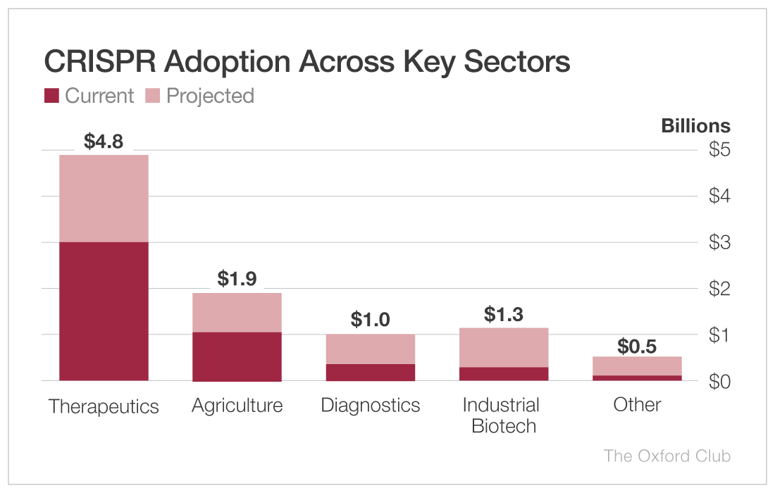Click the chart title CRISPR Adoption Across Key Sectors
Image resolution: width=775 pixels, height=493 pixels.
[x=306, y=62]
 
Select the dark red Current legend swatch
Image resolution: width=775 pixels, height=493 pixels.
[x=51, y=96]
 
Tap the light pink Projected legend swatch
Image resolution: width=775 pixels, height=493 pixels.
[x=153, y=96]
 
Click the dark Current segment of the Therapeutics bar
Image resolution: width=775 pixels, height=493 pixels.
[x=104, y=311]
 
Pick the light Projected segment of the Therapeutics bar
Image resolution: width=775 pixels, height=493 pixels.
[x=104, y=198]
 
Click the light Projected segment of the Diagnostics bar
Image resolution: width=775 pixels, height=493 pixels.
[x=370, y=349]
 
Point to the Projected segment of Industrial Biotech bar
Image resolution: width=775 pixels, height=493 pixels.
[x=504, y=347]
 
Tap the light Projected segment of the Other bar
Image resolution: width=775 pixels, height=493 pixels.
[x=637, y=366]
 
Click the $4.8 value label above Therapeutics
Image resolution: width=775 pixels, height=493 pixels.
[x=104, y=142]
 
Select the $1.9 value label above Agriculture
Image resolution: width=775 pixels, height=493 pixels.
[x=237, y=279]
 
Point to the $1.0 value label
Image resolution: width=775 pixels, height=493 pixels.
[x=370, y=320]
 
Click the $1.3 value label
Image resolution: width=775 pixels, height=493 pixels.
[x=504, y=314]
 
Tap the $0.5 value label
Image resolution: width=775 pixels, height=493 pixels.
[x=637, y=347]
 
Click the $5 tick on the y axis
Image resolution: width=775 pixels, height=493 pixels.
[x=719, y=149]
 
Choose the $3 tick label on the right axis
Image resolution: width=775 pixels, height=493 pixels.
[x=719, y=242]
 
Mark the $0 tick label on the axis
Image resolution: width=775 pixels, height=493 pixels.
[x=719, y=381]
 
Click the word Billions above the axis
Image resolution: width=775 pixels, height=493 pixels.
[x=695, y=126]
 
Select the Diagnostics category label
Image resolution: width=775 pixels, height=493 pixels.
[x=370, y=406]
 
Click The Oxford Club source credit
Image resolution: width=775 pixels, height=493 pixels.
[x=666, y=456]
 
